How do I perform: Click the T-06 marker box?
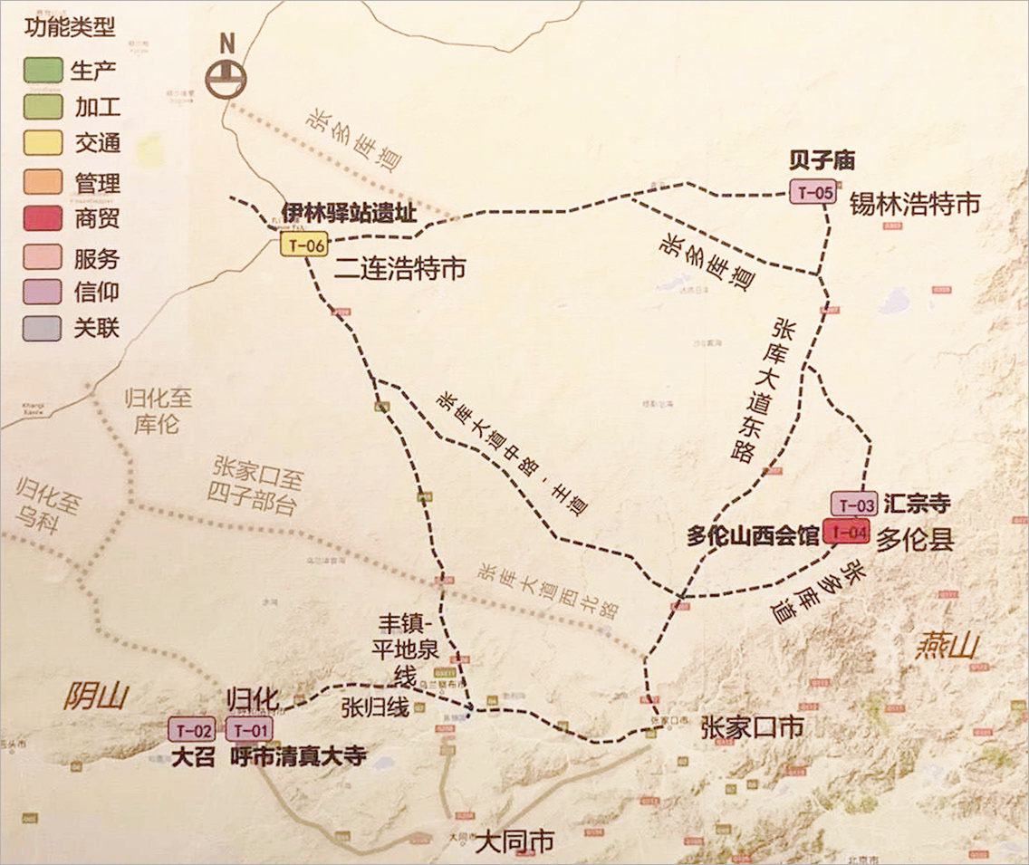tap(303, 245)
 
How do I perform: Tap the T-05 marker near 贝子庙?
tap(812, 192)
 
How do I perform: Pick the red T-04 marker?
tap(848, 532)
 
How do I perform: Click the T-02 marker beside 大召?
tap(192, 729)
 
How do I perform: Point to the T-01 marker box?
tap(248, 729)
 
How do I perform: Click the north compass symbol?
tap(226, 76)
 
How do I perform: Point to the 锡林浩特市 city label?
tap(914, 205)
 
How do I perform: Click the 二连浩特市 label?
tap(399, 268)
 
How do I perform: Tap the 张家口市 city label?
tap(752, 726)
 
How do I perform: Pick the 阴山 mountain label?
tap(96, 697)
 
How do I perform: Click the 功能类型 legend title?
tap(71, 28)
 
